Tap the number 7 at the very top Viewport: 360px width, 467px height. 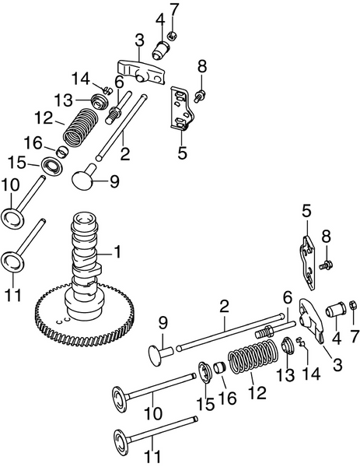click(x=174, y=9)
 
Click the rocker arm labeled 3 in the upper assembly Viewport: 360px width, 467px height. click(x=140, y=68)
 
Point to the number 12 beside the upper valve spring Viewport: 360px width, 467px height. click(x=44, y=119)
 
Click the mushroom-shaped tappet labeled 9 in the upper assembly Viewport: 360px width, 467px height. click(x=87, y=178)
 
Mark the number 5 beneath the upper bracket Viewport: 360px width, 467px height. click(x=182, y=153)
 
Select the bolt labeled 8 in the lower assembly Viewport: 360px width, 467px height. click(x=323, y=266)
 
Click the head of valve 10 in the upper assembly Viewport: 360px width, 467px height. click(x=13, y=216)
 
